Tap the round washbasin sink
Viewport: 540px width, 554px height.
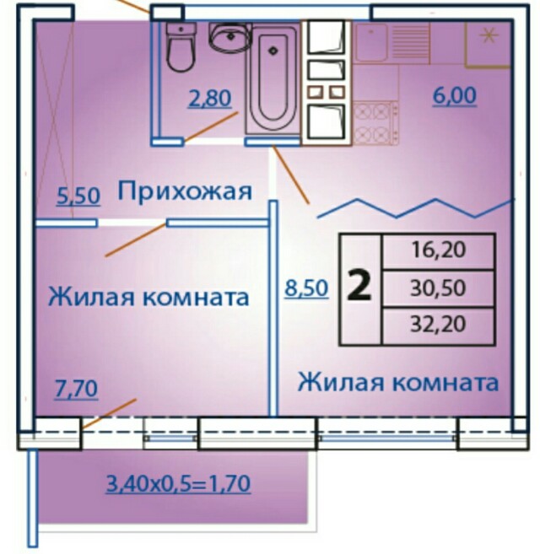(229, 36)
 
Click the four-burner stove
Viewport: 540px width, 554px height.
(375, 122)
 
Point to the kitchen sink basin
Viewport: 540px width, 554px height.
(371, 42)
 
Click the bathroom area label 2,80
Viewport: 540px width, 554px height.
(210, 98)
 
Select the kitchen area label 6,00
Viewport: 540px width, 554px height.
(455, 96)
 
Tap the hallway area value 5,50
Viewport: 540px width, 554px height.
(78, 196)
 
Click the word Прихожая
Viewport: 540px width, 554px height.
(185, 192)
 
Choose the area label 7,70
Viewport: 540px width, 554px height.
(76, 389)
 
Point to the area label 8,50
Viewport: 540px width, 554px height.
(306, 288)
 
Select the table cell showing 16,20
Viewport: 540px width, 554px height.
(438, 250)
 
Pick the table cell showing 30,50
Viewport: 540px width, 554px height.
(438, 288)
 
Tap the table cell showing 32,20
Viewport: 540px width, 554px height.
(438, 325)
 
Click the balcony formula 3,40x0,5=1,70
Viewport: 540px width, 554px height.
(179, 484)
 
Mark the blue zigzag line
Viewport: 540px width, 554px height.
(415, 209)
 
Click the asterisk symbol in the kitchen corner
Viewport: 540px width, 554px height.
(489, 36)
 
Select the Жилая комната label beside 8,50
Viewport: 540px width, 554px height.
(398, 382)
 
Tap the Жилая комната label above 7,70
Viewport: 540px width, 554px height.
(148, 297)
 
